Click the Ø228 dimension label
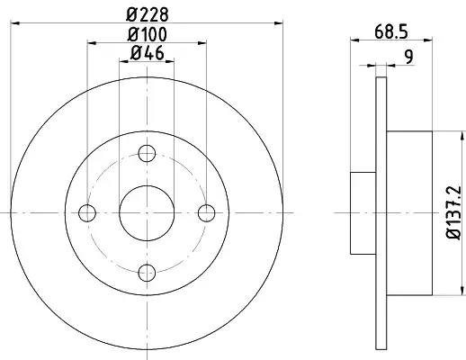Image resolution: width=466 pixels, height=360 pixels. tap(148, 14)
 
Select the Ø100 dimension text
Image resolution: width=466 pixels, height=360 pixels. tap(147, 34)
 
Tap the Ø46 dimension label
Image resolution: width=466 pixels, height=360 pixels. tap(148, 53)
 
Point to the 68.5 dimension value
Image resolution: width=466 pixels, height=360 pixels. tap(391, 31)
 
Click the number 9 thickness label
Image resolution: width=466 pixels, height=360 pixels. tap(408, 57)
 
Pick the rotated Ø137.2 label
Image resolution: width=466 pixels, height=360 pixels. tap(453, 212)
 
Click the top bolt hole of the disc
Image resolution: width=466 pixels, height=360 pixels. tap(147, 153)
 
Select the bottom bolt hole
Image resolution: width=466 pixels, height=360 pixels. tap(147, 273)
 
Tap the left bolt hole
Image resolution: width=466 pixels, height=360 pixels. tap(87, 213)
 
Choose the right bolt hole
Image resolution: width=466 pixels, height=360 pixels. tap(207, 213)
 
